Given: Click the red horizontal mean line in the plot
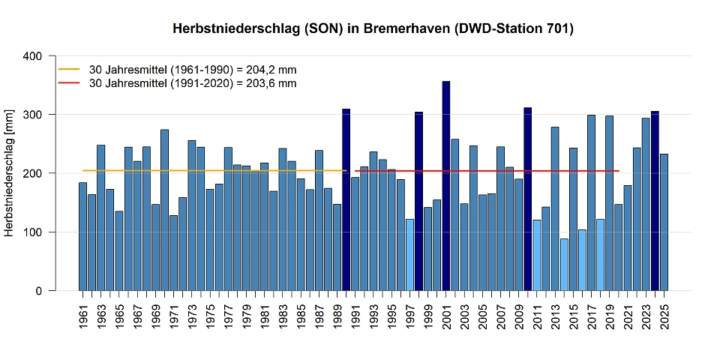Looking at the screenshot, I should pos(487,171).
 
